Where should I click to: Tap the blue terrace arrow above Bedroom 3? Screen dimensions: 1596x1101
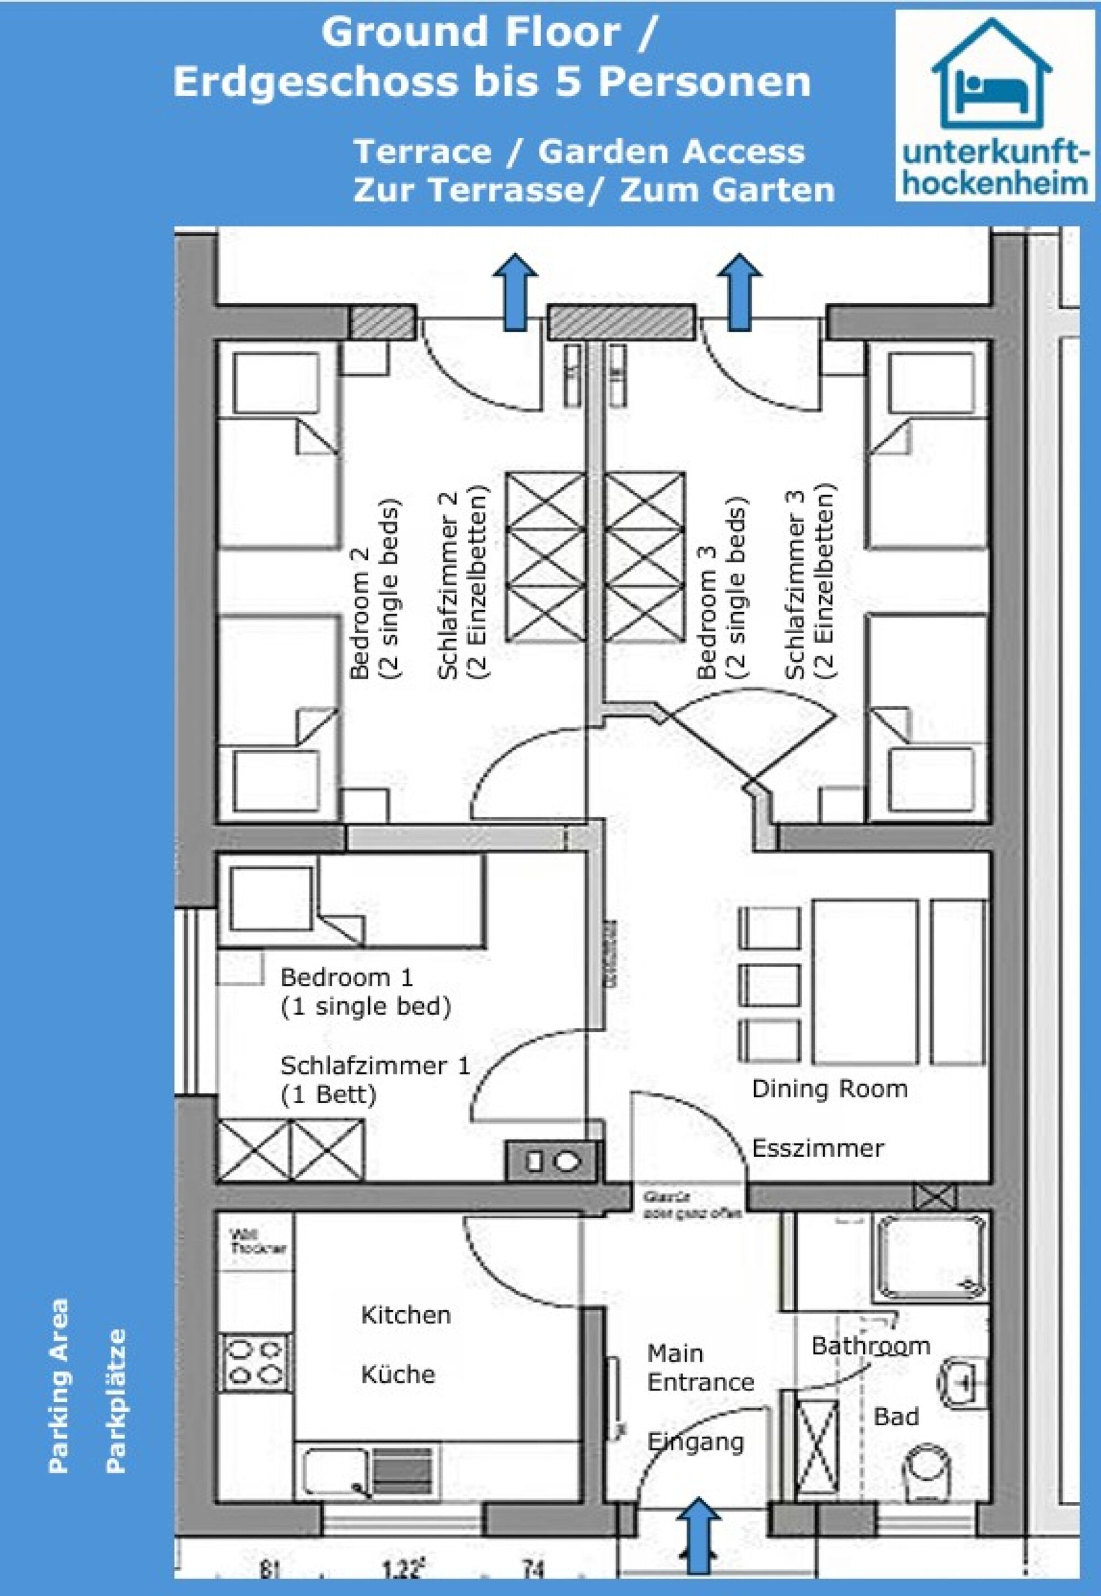pyautogui.click(x=740, y=291)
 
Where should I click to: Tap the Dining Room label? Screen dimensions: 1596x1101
pyautogui.click(x=829, y=1089)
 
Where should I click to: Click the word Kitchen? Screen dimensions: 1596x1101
pyautogui.click(x=406, y=1315)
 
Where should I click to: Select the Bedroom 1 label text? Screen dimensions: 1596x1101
pyautogui.click(x=346, y=977)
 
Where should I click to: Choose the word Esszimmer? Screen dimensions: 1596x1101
pyautogui.click(x=817, y=1148)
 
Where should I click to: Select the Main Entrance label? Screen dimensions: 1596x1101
pyautogui.click(x=700, y=1368)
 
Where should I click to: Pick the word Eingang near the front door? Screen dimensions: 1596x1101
pyautogui.click(x=695, y=1441)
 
